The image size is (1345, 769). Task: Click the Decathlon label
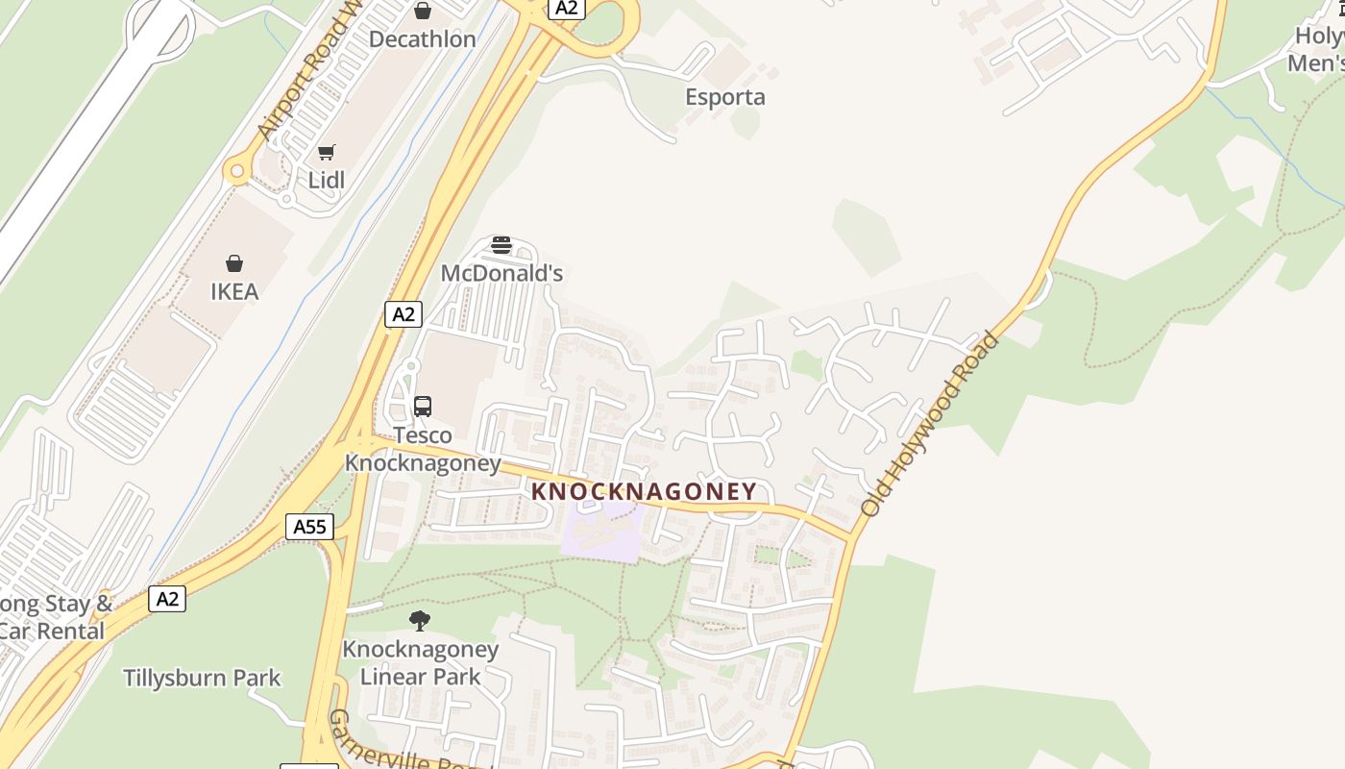[x=423, y=39]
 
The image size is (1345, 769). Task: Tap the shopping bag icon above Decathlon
[x=423, y=12]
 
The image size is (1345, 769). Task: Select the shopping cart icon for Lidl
[x=327, y=153]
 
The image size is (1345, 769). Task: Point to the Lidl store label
[x=327, y=180]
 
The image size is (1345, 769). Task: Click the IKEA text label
[x=234, y=291]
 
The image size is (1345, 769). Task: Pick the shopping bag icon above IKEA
[x=234, y=263]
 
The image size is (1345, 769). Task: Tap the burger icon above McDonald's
[x=501, y=245]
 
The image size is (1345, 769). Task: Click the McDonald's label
[x=501, y=273]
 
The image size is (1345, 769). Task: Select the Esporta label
[x=725, y=97]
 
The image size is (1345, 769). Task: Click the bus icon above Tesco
[x=423, y=407]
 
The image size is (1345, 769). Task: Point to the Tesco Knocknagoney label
[x=423, y=449]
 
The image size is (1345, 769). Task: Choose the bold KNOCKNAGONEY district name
[x=644, y=491]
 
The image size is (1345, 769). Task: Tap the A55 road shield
[x=310, y=527]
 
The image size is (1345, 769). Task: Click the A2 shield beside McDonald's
[x=403, y=313]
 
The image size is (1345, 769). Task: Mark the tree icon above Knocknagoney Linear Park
[x=420, y=621]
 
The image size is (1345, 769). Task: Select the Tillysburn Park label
[x=202, y=678]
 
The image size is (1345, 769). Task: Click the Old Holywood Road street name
[x=930, y=425]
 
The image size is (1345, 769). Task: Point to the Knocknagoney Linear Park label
[x=420, y=662]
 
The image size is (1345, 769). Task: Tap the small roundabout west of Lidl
[x=236, y=172]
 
